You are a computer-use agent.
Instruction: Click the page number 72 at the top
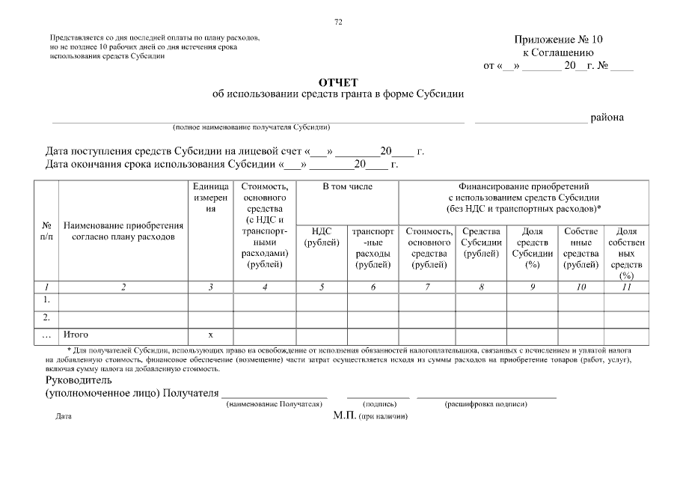tap(338, 22)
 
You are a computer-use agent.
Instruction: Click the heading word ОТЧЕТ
tap(338, 82)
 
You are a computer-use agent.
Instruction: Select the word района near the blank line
tap(607, 117)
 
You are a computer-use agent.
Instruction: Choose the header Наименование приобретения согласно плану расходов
tap(123, 231)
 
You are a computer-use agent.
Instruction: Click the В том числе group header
tap(347, 186)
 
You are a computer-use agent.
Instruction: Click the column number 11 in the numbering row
tap(626, 287)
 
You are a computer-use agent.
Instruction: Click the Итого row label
tap(76, 335)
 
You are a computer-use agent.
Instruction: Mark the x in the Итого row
tap(210, 335)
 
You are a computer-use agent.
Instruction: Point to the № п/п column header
tap(46, 231)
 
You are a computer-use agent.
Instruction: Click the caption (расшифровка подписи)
tap(486, 404)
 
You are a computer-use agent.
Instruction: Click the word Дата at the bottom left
tap(64, 416)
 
